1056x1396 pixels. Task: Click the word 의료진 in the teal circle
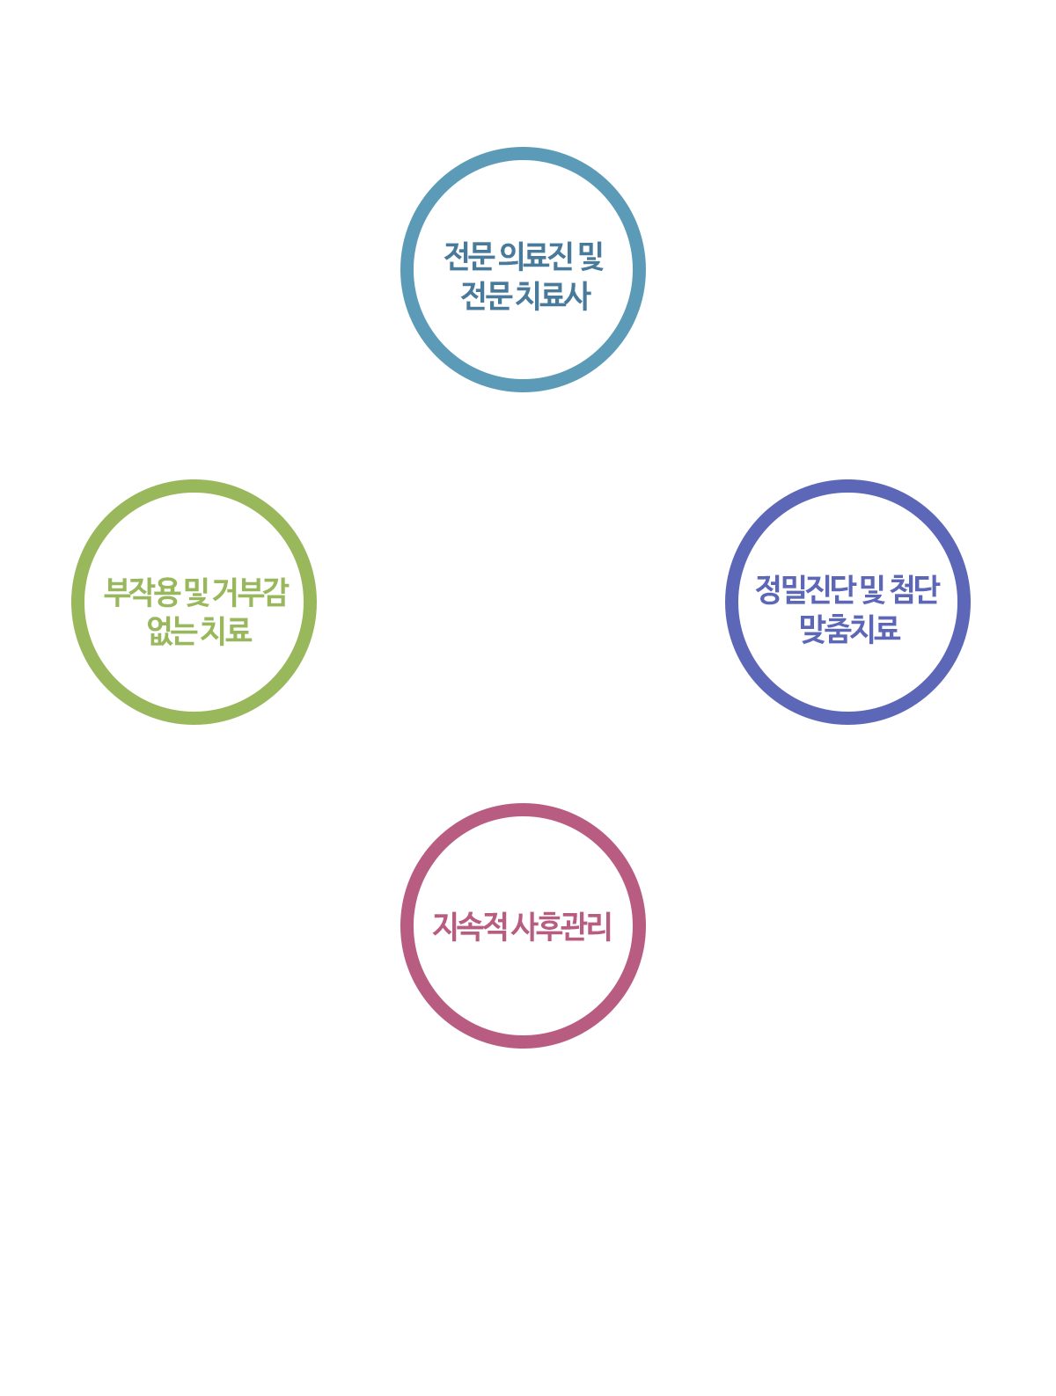pos(535,256)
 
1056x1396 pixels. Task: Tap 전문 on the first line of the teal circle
pos(469,256)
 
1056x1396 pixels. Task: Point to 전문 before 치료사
pos(486,296)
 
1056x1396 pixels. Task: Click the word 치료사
pos(553,296)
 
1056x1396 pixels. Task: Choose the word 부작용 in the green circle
pos(141,592)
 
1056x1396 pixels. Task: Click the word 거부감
pos(250,592)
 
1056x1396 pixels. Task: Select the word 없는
pos(171,631)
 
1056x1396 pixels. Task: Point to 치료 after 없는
pos(226,631)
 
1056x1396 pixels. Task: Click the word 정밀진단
pos(804,589)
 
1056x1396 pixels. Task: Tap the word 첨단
pos(914,589)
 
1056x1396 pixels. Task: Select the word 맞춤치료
pos(850,628)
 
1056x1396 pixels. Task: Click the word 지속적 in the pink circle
pos(469,926)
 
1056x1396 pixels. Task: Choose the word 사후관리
pos(561,926)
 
